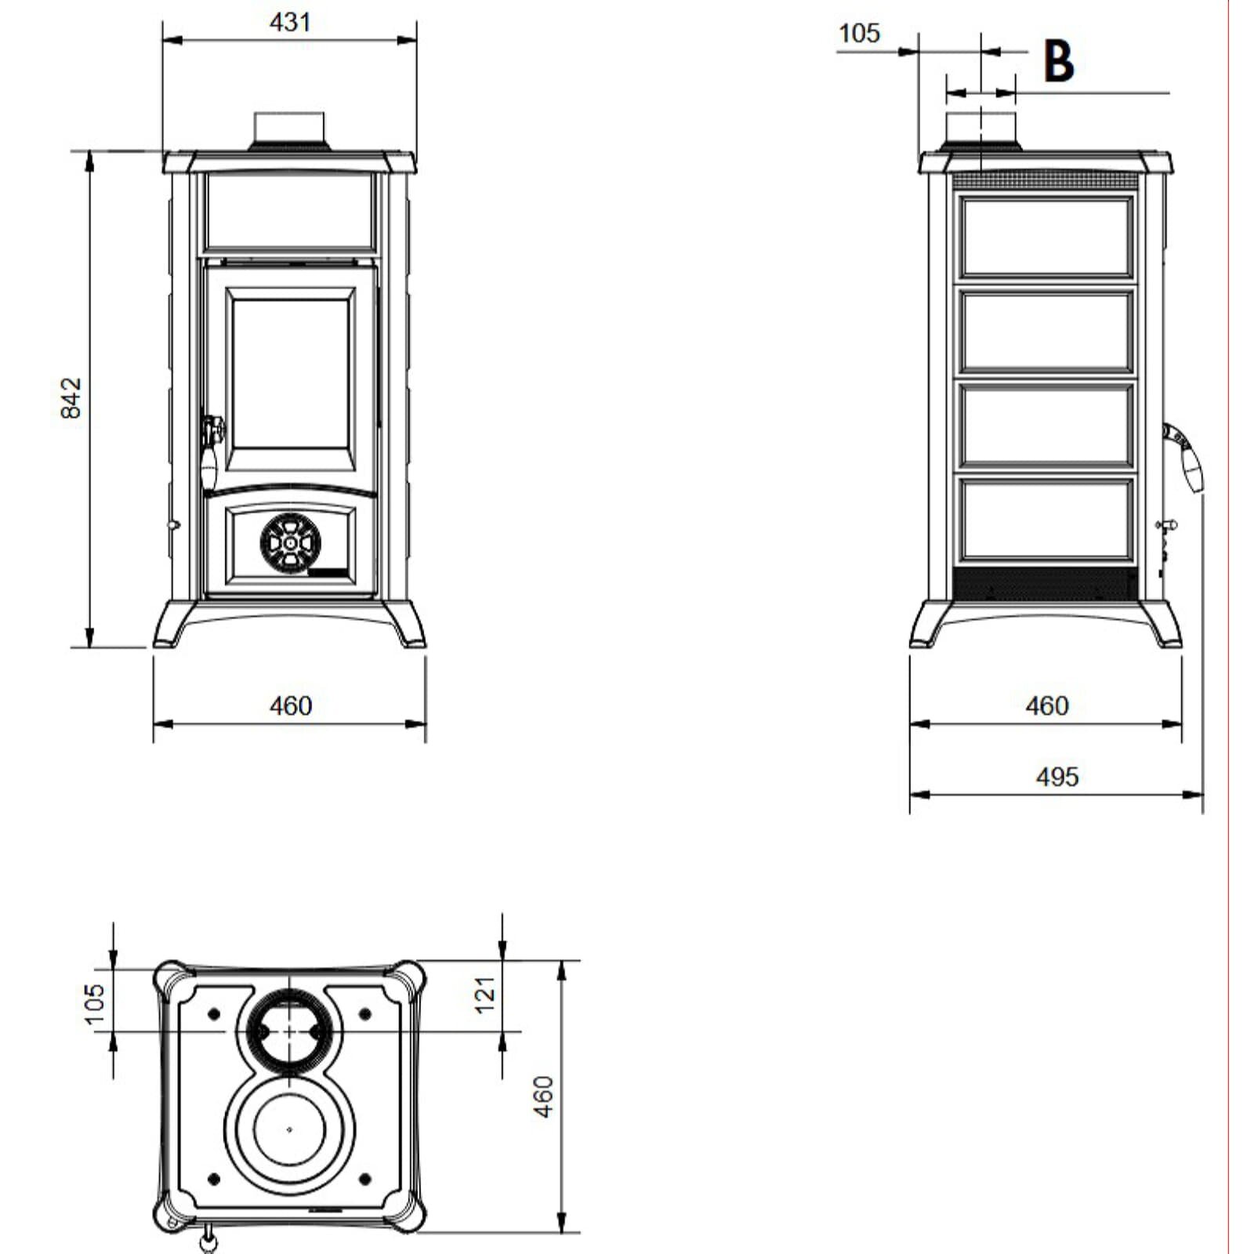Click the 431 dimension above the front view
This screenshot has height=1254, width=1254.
click(x=290, y=23)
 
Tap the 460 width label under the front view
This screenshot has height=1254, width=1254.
click(x=290, y=706)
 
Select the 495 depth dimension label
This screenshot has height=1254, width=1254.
click(x=1057, y=777)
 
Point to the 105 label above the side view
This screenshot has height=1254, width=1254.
click(x=859, y=34)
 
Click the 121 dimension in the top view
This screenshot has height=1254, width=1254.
click(x=486, y=994)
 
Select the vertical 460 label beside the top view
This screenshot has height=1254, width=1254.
click(x=543, y=1096)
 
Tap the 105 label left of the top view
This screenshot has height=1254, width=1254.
click(x=94, y=1004)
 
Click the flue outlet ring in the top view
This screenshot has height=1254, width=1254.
click(x=290, y=1031)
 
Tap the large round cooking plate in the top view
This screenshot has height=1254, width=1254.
click(x=290, y=1129)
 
